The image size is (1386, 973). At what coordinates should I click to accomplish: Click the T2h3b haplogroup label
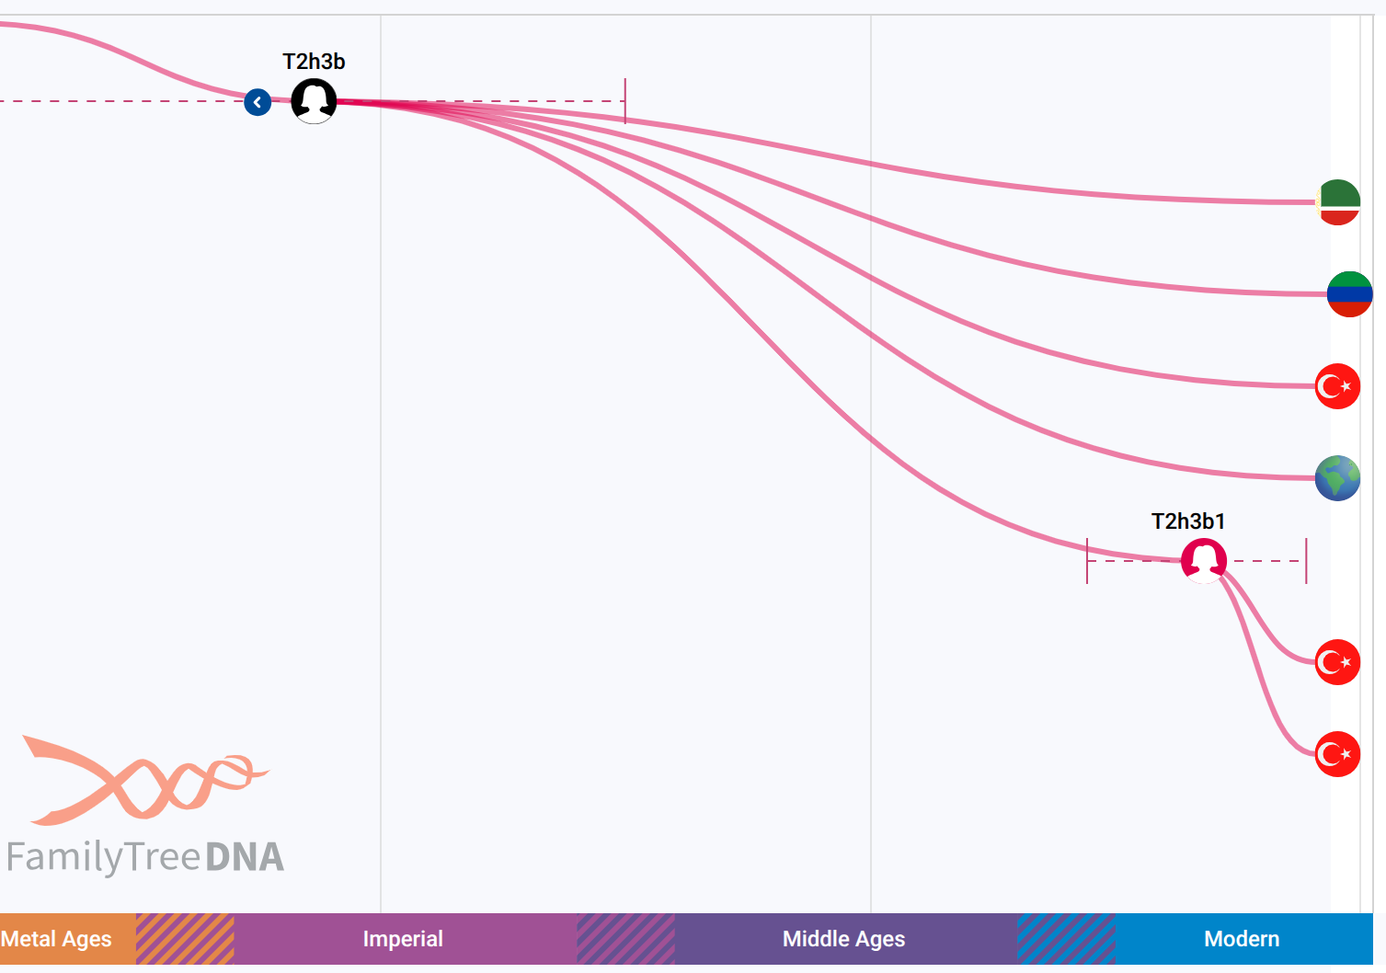(314, 62)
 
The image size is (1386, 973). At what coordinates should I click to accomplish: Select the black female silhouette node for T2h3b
(314, 101)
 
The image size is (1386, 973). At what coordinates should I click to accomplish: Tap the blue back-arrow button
(258, 102)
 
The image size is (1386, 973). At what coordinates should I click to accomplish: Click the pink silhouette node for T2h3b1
(1204, 561)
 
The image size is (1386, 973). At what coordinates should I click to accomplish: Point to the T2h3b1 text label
(1188, 521)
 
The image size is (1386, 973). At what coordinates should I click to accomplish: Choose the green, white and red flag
(1338, 202)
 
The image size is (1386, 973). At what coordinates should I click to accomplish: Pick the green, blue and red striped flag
(1350, 294)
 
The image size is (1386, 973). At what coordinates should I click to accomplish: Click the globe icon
(1338, 478)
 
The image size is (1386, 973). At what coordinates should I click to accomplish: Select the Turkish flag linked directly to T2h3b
(1338, 386)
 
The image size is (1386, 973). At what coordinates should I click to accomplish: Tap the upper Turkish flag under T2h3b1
(1338, 662)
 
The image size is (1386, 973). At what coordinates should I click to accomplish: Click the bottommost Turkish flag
(1338, 754)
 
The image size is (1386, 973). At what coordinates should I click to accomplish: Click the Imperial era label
(403, 939)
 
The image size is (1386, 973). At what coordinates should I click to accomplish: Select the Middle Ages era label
(843, 939)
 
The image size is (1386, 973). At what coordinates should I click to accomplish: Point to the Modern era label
(1242, 939)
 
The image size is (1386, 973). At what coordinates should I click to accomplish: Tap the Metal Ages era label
(56, 939)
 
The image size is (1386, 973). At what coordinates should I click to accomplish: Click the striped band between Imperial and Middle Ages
(625, 939)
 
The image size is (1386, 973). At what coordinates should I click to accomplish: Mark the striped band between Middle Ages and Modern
(1066, 939)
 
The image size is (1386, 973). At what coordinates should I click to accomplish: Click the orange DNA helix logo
(145, 781)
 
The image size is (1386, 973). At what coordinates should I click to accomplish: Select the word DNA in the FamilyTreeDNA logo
(245, 857)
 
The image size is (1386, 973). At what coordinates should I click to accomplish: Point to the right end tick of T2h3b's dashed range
(624, 101)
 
